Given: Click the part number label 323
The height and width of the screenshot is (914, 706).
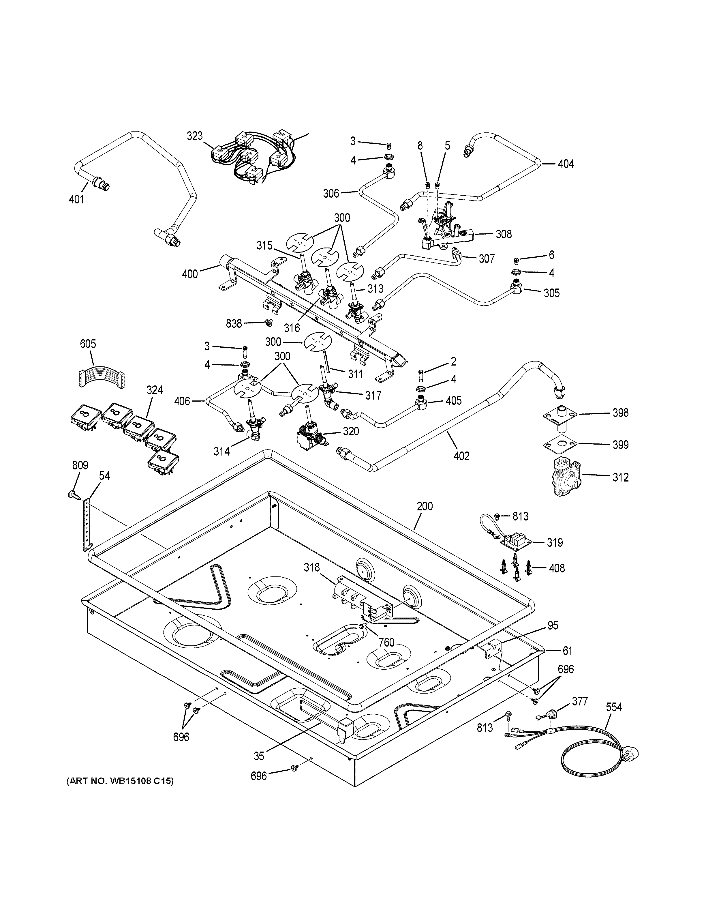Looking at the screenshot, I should point(194,136).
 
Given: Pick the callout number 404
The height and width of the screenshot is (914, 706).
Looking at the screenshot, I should point(566,164).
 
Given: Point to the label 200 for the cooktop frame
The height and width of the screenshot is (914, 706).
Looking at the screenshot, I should point(425,506).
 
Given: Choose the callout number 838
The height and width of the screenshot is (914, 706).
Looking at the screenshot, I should point(234,323).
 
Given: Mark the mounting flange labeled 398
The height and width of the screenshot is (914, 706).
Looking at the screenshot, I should point(559,415).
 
